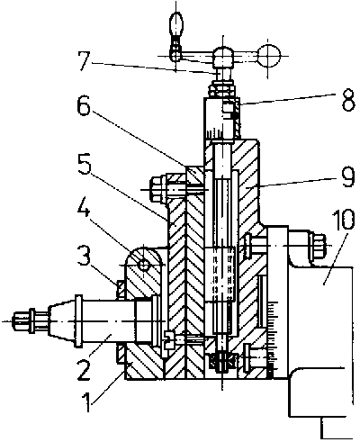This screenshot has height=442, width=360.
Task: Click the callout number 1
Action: [86, 401]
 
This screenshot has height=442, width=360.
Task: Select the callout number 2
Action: [82, 369]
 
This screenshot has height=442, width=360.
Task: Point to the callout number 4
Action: [83, 207]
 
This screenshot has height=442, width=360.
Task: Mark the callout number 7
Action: [84, 61]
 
